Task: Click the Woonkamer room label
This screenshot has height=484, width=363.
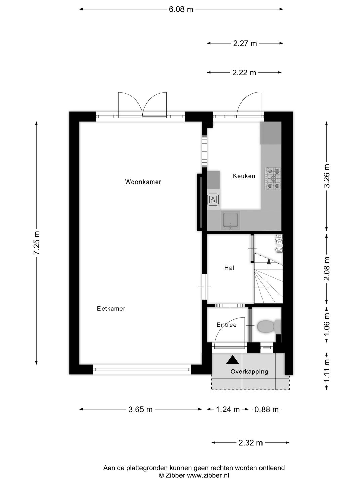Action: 143,182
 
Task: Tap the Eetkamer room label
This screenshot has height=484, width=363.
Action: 111,308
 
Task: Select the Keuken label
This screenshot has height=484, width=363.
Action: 244,176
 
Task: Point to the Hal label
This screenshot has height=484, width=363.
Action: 229,268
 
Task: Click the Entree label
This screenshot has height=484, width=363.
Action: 227,325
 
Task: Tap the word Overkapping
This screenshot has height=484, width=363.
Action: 249,371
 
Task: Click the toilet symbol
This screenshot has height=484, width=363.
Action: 268,326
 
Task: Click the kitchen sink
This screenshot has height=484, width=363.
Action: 231,220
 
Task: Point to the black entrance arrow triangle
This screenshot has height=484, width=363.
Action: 232,360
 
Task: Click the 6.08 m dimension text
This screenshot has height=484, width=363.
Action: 181,9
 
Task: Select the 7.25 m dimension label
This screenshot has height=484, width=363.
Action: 37,243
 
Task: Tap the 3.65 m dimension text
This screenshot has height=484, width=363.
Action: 140,409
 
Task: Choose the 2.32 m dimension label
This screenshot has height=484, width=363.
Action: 250,443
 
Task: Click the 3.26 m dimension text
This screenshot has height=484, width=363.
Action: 327,177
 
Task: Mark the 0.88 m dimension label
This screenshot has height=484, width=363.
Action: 267,409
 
